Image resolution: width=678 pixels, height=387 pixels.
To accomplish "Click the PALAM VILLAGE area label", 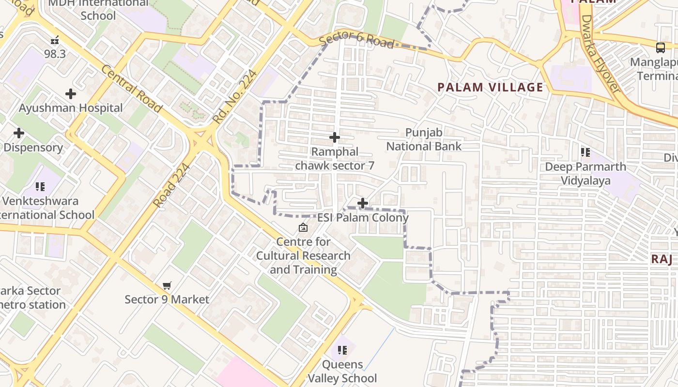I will (490, 88).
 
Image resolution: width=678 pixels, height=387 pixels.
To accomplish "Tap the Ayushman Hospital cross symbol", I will (71, 94).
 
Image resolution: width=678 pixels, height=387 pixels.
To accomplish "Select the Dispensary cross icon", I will (19, 133).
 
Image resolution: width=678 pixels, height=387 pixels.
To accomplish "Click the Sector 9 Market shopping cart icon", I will (167, 285).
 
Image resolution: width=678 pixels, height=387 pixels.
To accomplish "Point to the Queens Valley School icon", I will (342, 350).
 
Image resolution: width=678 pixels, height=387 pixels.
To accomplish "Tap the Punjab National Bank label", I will (424, 139).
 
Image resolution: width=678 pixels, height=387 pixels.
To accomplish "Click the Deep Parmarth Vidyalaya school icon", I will (586, 153).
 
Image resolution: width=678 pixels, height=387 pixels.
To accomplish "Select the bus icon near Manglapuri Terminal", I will (660, 47).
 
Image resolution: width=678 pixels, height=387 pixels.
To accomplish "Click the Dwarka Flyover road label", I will (600, 54).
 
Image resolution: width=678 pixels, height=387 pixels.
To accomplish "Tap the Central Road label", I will (131, 89).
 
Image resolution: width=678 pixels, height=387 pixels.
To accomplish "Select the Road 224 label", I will (171, 185).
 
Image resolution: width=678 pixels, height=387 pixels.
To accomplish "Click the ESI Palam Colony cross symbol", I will (362, 203).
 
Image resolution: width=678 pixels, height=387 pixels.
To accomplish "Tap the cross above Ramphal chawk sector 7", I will (335, 138).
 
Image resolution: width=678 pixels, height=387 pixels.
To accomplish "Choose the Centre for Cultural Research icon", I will (303, 227).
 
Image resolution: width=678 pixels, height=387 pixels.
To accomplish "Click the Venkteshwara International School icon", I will (40, 186).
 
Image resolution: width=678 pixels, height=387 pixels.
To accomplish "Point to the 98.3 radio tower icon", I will (55, 40).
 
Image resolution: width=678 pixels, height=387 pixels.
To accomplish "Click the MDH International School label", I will (98, 9).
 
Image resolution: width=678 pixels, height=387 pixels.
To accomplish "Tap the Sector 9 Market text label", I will (167, 299).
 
